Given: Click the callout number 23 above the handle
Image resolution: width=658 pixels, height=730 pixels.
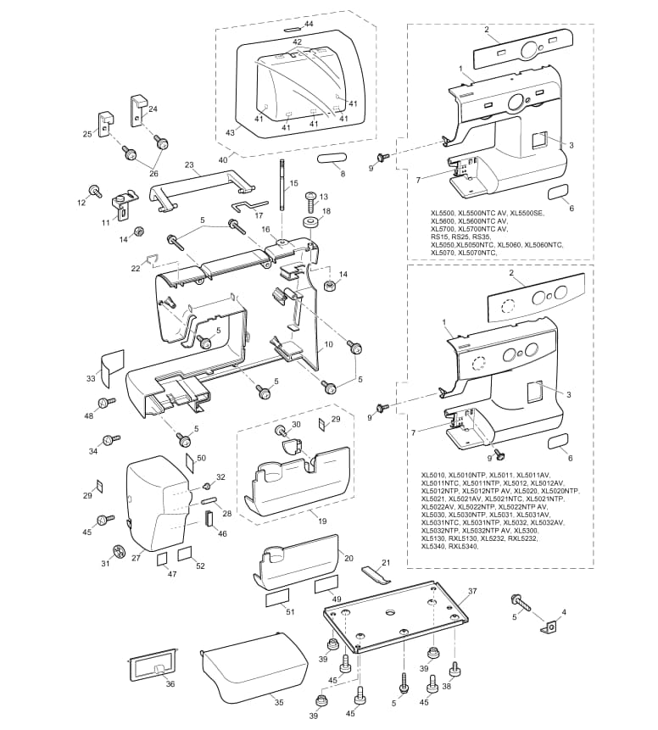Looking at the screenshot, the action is (x=189, y=165).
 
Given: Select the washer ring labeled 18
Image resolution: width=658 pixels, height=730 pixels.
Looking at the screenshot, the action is (x=310, y=221).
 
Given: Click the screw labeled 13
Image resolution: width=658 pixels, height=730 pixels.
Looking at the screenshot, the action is (x=311, y=203).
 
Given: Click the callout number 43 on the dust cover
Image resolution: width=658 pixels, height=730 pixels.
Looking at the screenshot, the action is (x=230, y=132).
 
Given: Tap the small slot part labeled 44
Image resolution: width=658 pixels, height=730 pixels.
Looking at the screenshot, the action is (x=293, y=29).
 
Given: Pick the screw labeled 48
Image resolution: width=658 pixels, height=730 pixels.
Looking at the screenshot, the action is (x=107, y=402).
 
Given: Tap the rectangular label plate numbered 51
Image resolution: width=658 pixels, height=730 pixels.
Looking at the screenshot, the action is (x=277, y=598).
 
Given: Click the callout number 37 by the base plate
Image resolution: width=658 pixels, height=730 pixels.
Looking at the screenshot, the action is (x=472, y=591).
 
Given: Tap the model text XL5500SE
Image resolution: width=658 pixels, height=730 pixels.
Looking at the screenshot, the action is (x=527, y=213).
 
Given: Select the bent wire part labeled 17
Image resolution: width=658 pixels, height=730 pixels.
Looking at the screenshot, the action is (x=249, y=205).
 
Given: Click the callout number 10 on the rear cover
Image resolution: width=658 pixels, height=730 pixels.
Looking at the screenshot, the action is (x=328, y=344).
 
